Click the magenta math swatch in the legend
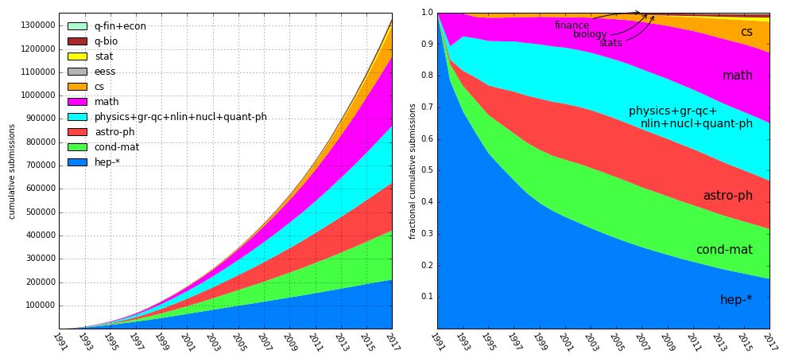76,102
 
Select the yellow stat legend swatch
76,56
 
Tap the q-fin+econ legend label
120,26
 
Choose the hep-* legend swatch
76,162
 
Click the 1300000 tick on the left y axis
37,25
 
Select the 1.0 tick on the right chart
427,14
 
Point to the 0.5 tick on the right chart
427,170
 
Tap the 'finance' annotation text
572,26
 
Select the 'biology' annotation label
590,35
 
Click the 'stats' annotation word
611,43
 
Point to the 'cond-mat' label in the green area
724,250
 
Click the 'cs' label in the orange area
746,33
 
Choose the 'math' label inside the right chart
737,76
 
